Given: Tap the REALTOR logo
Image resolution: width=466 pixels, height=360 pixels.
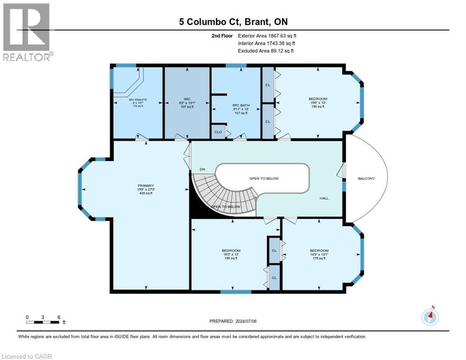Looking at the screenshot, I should [27, 32].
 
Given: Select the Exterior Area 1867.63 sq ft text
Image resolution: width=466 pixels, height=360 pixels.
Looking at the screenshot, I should [267, 35].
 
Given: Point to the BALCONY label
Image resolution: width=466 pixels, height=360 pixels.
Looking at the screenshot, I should [367, 179].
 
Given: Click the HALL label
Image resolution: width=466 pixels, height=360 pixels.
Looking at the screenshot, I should [324, 198].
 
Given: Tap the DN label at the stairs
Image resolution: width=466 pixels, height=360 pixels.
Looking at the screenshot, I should [202, 169].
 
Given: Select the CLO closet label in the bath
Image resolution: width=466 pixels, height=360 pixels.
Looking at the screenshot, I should [218, 132].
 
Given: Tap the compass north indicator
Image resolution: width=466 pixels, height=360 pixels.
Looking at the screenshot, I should [430, 317].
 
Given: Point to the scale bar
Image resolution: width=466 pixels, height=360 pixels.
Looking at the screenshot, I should [43, 322].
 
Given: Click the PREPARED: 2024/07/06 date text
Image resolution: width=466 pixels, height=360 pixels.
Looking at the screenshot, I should [233, 321].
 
